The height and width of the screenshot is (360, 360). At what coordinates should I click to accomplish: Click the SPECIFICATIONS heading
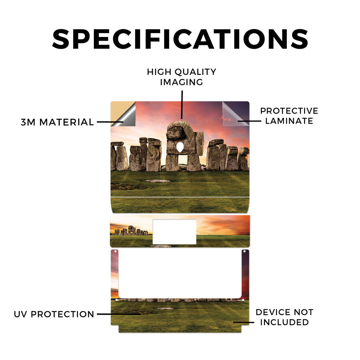[x=180, y=39]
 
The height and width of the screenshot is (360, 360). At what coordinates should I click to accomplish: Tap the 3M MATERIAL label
[x=57, y=122]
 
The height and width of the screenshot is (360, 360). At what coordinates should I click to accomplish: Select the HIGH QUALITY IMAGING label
[x=182, y=77]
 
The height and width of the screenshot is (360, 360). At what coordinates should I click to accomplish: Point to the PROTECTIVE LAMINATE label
[x=289, y=116]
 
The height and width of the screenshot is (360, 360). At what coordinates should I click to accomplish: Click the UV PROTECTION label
[x=54, y=314]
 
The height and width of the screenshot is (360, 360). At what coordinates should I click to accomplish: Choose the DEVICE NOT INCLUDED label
[x=284, y=317]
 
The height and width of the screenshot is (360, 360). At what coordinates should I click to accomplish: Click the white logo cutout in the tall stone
[x=180, y=147]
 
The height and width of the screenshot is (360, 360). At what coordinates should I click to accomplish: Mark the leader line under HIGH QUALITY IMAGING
[x=182, y=105]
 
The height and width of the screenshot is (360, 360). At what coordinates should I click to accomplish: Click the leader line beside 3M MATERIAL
[x=110, y=122]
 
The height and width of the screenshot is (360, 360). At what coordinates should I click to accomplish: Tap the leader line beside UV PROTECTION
[x=119, y=314]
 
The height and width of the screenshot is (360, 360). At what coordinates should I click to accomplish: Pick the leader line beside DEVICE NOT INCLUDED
[x=244, y=322]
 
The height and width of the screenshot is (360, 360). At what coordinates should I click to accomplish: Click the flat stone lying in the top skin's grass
[x=158, y=181]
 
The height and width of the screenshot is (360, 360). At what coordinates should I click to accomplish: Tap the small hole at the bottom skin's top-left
[x=115, y=251]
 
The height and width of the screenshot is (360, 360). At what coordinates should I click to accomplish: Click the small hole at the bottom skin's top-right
[x=245, y=251]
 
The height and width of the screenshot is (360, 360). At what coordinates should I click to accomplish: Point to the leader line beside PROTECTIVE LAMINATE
[x=249, y=121]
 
